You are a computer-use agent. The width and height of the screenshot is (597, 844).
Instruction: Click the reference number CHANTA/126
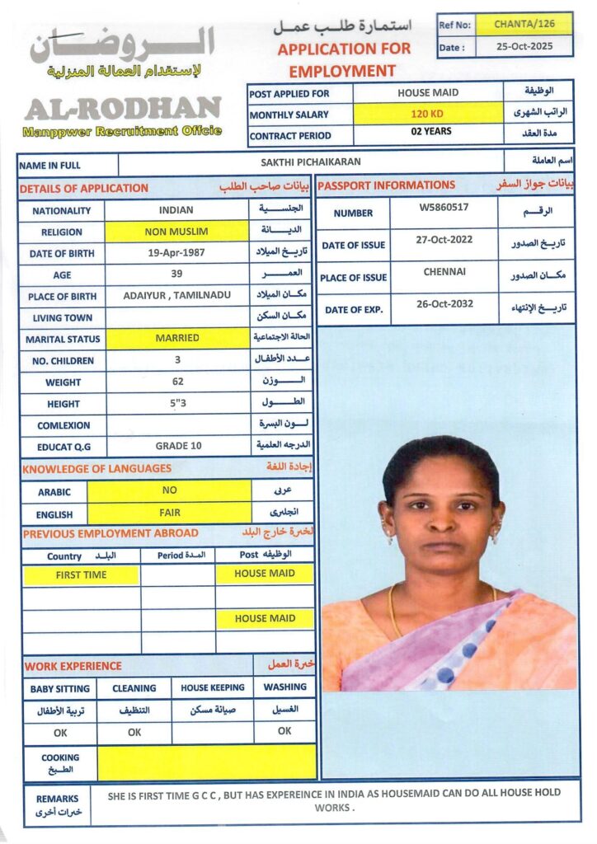click(x=524, y=25)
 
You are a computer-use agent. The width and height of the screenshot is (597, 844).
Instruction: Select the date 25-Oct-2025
click(x=524, y=47)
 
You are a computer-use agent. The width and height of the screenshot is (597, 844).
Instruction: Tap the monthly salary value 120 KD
click(x=427, y=115)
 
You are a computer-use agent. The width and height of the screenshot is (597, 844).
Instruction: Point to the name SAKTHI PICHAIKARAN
click(x=311, y=163)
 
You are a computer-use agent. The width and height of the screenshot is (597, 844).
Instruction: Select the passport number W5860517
click(x=444, y=208)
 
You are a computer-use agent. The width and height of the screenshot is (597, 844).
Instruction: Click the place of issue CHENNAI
click(x=444, y=271)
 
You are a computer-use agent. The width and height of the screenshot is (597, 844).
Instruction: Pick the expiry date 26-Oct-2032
click(x=444, y=303)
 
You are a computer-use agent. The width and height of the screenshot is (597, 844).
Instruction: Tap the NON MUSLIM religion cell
click(x=176, y=232)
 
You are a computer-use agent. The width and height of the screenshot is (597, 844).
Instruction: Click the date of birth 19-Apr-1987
click(x=176, y=253)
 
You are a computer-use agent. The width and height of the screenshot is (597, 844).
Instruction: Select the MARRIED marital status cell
click(x=176, y=338)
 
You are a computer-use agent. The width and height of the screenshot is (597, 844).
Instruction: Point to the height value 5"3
click(x=176, y=403)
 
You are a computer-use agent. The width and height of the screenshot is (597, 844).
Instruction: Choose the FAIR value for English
click(x=169, y=513)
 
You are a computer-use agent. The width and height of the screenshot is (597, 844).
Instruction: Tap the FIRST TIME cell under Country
click(x=81, y=574)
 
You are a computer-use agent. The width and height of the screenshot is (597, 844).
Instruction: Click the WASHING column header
click(x=284, y=687)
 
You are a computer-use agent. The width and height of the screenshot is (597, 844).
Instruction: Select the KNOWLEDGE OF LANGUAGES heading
click(x=97, y=468)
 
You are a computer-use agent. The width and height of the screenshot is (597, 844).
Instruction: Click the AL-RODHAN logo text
click(x=122, y=109)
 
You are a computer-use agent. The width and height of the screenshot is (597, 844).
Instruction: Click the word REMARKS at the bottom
click(x=57, y=799)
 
